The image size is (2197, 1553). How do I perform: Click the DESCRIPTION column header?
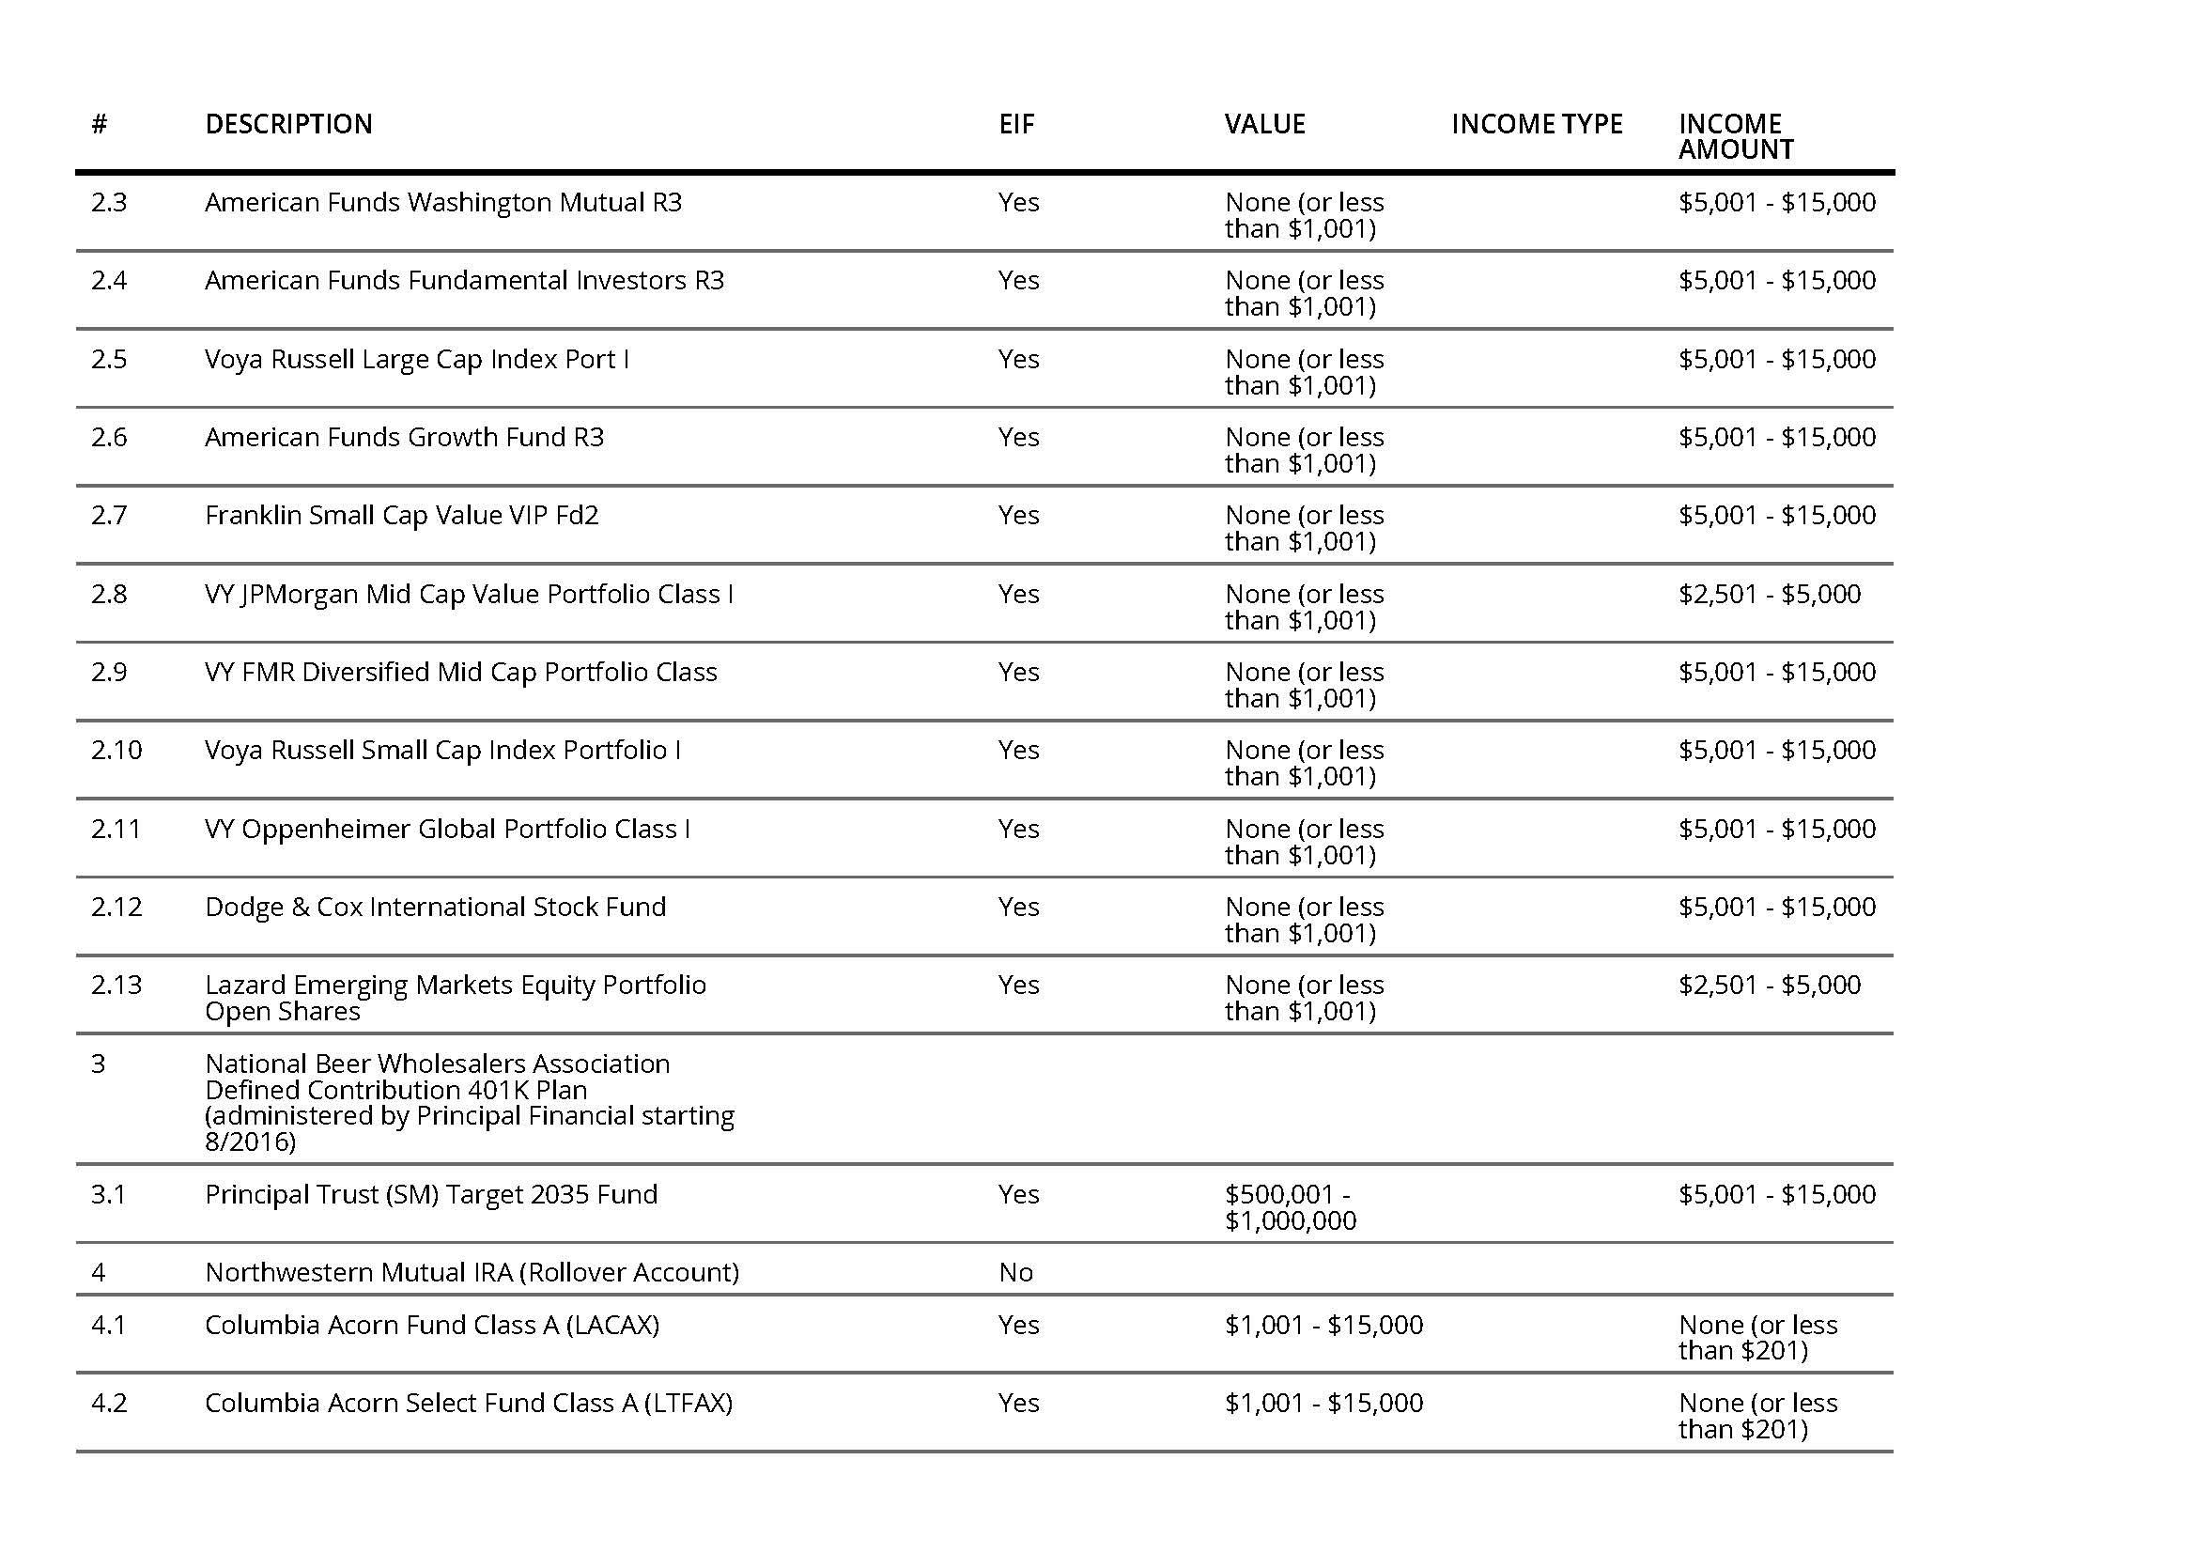click(x=288, y=124)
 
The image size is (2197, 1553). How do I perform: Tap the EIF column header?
click(x=1016, y=124)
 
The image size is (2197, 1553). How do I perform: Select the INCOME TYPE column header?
click(x=1536, y=124)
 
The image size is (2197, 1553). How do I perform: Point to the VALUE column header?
click(x=1264, y=124)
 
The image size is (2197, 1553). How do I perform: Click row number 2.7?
click(x=109, y=516)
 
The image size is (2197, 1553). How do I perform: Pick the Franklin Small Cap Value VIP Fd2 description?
click(x=401, y=516)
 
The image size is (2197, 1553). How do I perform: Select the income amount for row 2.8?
click(x=1769, y=594)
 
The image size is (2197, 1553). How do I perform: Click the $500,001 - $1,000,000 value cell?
click(x=1290, y=1207)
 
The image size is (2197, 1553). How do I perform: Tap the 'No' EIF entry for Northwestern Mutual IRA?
click(x=1015, y=1273)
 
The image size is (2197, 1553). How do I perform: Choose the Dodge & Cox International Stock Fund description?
click(x=435, y=908)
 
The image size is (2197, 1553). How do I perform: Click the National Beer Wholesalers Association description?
click(x=469, y=1102)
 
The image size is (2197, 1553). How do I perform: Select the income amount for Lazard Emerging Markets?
click(x=1769, y=986)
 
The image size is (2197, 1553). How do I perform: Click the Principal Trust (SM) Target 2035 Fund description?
click(x=430, y=1195)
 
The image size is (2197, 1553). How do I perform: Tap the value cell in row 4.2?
click(x=1323, y=1404)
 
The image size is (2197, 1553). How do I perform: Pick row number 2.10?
click(x=116, y=750)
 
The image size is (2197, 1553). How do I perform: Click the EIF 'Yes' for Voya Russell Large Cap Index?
click(x=1018, y=360)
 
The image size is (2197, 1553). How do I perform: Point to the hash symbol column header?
click(x=99, y=124)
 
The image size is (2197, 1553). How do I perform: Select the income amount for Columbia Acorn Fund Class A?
click(x=1756, y=1338)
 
